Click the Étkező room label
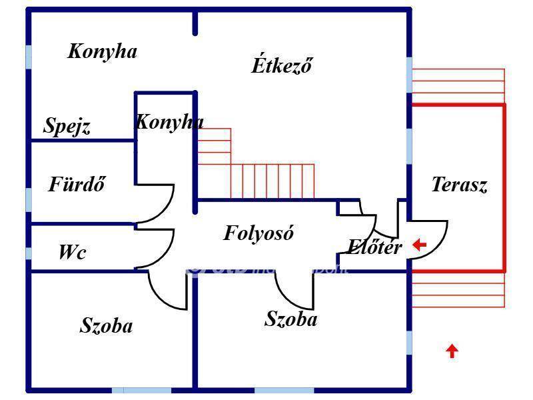pos(281,65)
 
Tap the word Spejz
pos(67,125)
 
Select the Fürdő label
pos(77,184)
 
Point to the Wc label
pos(72,252)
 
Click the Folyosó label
pos(259,233)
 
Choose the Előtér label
pos(374,247)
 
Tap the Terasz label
pos(459,185)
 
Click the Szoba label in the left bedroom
pos(106,326)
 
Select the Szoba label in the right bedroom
pos(291,319)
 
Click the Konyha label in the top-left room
pos(103,51)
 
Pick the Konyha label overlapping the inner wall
pos(169,122)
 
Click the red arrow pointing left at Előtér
pos(419,245)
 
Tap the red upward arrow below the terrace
pos(452,351)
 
